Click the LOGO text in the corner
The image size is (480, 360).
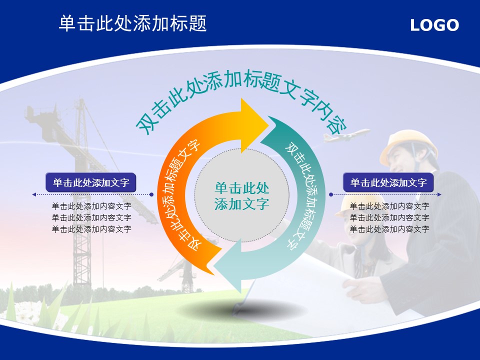click(434, 25)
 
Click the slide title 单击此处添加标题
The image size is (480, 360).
click(132, 23)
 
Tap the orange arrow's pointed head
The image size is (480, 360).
click(268, 125)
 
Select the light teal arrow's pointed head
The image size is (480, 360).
click(214, 265)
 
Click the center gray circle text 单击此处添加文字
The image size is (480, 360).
click(241, 196)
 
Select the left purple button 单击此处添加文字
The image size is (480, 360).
click(90, 182)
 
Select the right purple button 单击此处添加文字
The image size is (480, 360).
click(388, 182)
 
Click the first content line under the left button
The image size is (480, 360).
click(91, 206)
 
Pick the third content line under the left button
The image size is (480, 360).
click(91, 229)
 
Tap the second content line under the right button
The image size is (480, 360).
click(389, 217)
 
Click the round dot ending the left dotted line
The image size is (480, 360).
click(151, 194)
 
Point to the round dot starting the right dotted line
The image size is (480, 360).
click(330, 194)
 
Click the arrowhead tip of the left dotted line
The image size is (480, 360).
click(32, 194)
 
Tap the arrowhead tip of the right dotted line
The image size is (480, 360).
click(441, 194)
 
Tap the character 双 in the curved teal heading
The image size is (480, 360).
click(146, 124)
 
